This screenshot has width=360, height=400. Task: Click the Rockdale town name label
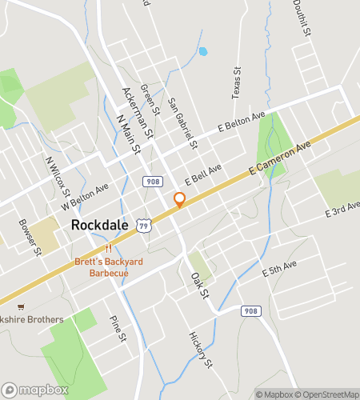coord(100,225)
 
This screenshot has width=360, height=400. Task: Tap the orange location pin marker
coord(179,200)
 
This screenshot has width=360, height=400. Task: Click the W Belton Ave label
coord(86,199)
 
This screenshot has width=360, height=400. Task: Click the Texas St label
coord(236,83)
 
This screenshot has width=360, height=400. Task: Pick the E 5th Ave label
coord(280,268)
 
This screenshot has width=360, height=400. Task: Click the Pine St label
coord(118,327)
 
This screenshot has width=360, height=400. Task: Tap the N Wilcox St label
coord(58,177)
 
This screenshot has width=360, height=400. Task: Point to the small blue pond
coord(202,51)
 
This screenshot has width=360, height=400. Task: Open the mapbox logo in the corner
coord(34,390)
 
